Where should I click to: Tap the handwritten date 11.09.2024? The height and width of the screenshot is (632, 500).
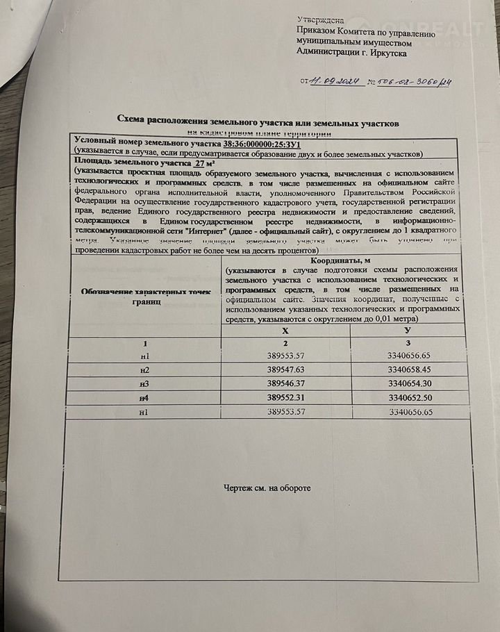pyautogui.click(x=335, y=82)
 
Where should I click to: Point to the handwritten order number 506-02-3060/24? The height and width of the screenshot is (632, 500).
pyautogui.click(x=414, y=83)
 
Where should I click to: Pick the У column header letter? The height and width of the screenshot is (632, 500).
pyautogui.click(x=408, y=333)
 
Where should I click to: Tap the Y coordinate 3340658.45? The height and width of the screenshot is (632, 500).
pyautogui.click(x=409, y=370)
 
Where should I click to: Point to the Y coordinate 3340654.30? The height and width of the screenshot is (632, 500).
pyautogui.click(x=409, y=384)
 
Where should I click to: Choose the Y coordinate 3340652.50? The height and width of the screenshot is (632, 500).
pyautogui.click(x=409, y=398)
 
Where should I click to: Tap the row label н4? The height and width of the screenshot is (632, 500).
pyautogui.click(x=144, y=398)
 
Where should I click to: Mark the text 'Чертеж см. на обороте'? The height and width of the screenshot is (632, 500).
pyautogui.click(x=267, y=488)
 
